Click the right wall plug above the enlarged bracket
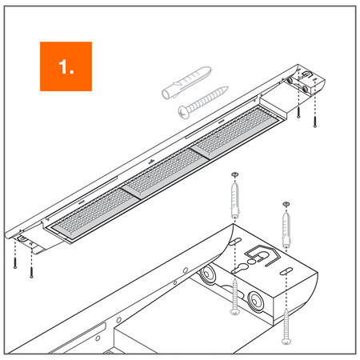click(286, 227)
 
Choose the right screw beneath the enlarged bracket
click(286, 327)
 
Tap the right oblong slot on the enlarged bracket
click(284, 271)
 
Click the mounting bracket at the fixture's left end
click(24, 237)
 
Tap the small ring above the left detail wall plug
click(234, 174)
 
